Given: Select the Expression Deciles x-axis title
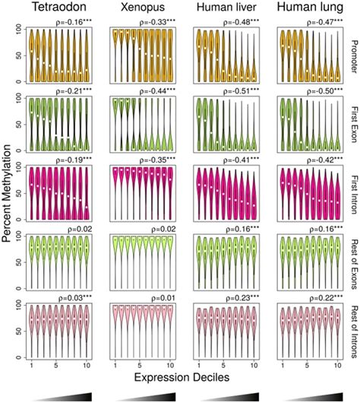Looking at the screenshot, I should (182, 378).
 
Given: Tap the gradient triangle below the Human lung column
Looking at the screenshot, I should (308, 395).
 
